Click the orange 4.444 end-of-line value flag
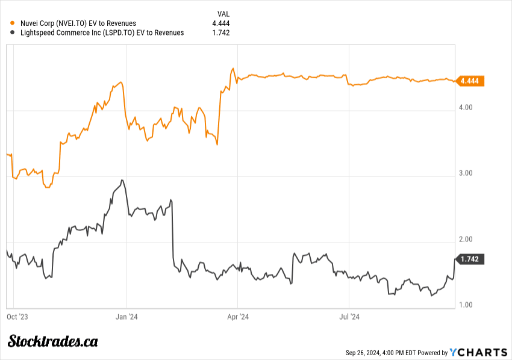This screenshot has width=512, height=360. (470, 81)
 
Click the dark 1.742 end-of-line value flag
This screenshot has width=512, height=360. (470, 259)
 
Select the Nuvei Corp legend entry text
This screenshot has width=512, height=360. (78, 23)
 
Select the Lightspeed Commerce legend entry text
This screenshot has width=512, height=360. (102, 33)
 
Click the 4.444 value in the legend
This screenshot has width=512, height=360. (221, 23)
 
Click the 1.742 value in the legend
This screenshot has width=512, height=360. (221, 33)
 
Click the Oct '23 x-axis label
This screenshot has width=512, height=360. (17, 315)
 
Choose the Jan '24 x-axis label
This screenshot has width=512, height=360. (126, 315)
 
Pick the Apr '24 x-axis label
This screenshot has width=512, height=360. (237, 315)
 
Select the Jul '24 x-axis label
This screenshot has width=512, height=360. (349, 315)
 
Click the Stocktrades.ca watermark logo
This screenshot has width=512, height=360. (53, 341)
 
